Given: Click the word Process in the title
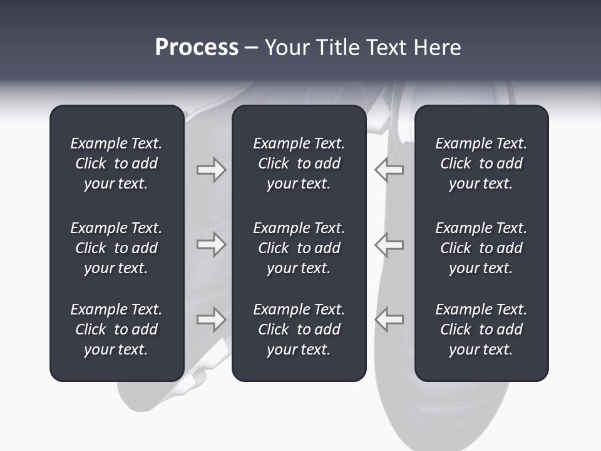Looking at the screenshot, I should (197, 48).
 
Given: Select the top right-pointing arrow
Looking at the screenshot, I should (211, 170).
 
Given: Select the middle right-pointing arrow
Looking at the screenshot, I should (211, 244).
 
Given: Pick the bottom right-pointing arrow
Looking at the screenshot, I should (211, 319).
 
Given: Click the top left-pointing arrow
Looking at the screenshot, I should (389, 170).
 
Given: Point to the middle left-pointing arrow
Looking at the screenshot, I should (389, 244).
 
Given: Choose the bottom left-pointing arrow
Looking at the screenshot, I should (389, 319).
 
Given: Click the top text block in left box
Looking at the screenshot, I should (116, 163).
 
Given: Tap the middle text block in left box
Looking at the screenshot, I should (116, 248).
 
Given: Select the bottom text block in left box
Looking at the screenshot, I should (116, 329).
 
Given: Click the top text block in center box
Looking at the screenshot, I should (299, 163).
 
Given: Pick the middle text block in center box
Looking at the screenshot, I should (299, 248).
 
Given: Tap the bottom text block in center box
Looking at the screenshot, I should (299, 329).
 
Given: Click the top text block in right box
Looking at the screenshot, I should (481, 163).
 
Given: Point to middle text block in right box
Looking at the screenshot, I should (481, 248).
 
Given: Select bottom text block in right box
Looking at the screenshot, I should (481, 329).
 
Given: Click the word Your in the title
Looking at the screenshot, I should (287, 48).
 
